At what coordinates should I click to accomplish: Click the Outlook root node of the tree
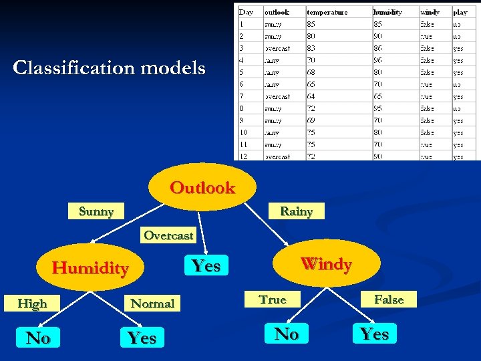click(x=202, y=188)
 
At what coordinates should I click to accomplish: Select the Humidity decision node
click(x=90, y=268)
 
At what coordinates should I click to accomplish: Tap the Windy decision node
click(x=326, y=264)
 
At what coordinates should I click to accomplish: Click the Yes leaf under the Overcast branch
click(x=206, y=265)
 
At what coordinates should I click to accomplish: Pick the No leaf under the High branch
click(x=38, y=338)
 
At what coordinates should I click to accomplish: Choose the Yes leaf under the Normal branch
click(x=142, y=338)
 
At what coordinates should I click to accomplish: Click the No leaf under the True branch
click(x=287, y=334)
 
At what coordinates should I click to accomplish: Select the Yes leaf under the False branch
click(x=374, y=334)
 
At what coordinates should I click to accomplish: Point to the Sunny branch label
click(x=96, y=211)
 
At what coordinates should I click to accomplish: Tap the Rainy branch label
click(x=296, y=211)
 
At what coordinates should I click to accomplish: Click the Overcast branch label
click(x=168, y=235)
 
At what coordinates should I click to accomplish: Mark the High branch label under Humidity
click(x=32, y=304)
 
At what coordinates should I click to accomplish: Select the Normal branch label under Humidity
click(x=152, y=304)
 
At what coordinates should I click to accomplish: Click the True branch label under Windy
click(x=273, y=299)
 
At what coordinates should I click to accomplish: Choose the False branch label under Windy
click(x=389, y=299)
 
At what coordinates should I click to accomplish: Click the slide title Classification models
click(x=110, y=68)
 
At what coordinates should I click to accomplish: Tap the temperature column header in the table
click(x=327, y=12)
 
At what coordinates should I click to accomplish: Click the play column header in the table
click(x=460, y=12)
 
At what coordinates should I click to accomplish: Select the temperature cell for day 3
click(x=312, y=48)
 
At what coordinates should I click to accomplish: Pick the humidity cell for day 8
click(x=379, y=108)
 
